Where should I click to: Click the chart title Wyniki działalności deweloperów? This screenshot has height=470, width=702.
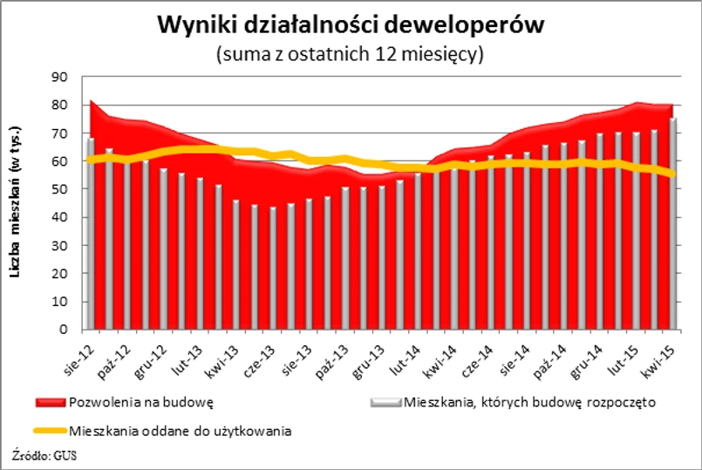(351, 25)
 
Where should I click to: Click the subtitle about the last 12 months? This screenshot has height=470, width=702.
(350, 54)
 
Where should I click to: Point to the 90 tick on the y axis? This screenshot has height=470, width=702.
(60, 77)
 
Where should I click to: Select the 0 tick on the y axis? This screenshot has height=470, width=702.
(64, 330)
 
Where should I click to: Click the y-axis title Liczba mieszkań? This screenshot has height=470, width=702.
(15, 203)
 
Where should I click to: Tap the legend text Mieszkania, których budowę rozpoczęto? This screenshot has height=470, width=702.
(528, 403)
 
